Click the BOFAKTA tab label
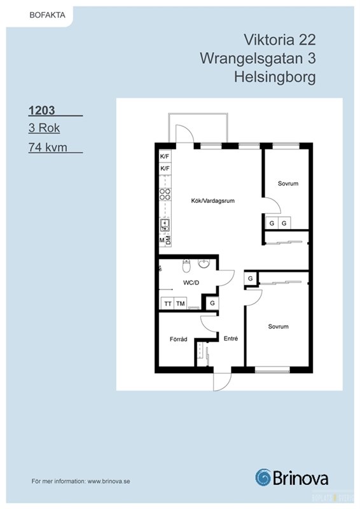tap(48, 15)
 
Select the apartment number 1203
tap(41, 110)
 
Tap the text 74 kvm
tap(48, 147)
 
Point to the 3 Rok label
tap(44, 128)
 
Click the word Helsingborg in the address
tap(275, 78)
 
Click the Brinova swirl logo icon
tap(263, 478)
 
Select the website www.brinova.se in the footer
tap(109, 482)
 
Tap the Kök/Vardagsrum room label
tap(212, 201)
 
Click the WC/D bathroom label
tap(191, 282)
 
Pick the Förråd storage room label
tap(179, 339)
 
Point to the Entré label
tap(231, 338)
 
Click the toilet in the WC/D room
tap(186, 265)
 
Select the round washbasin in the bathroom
tap(204, 263)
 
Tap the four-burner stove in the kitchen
tap(165, 194)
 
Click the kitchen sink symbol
tap(165, 225)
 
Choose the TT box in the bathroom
tap(168, 303)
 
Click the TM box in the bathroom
tap(181, 303)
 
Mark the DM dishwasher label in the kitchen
tap(168, 241)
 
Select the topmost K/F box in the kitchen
tap(165, 157)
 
